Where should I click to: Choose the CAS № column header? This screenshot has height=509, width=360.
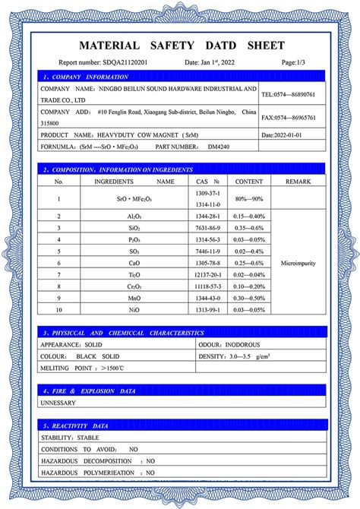coord(207,182)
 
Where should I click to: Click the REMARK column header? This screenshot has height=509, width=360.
coord(298,182)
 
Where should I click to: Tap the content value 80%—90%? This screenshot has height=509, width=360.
coord(249,200)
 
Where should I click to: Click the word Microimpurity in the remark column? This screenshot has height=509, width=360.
coord(298,263)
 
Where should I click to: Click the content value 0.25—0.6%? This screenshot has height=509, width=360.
coord(249,263)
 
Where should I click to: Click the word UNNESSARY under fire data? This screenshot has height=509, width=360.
coord(58,403)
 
